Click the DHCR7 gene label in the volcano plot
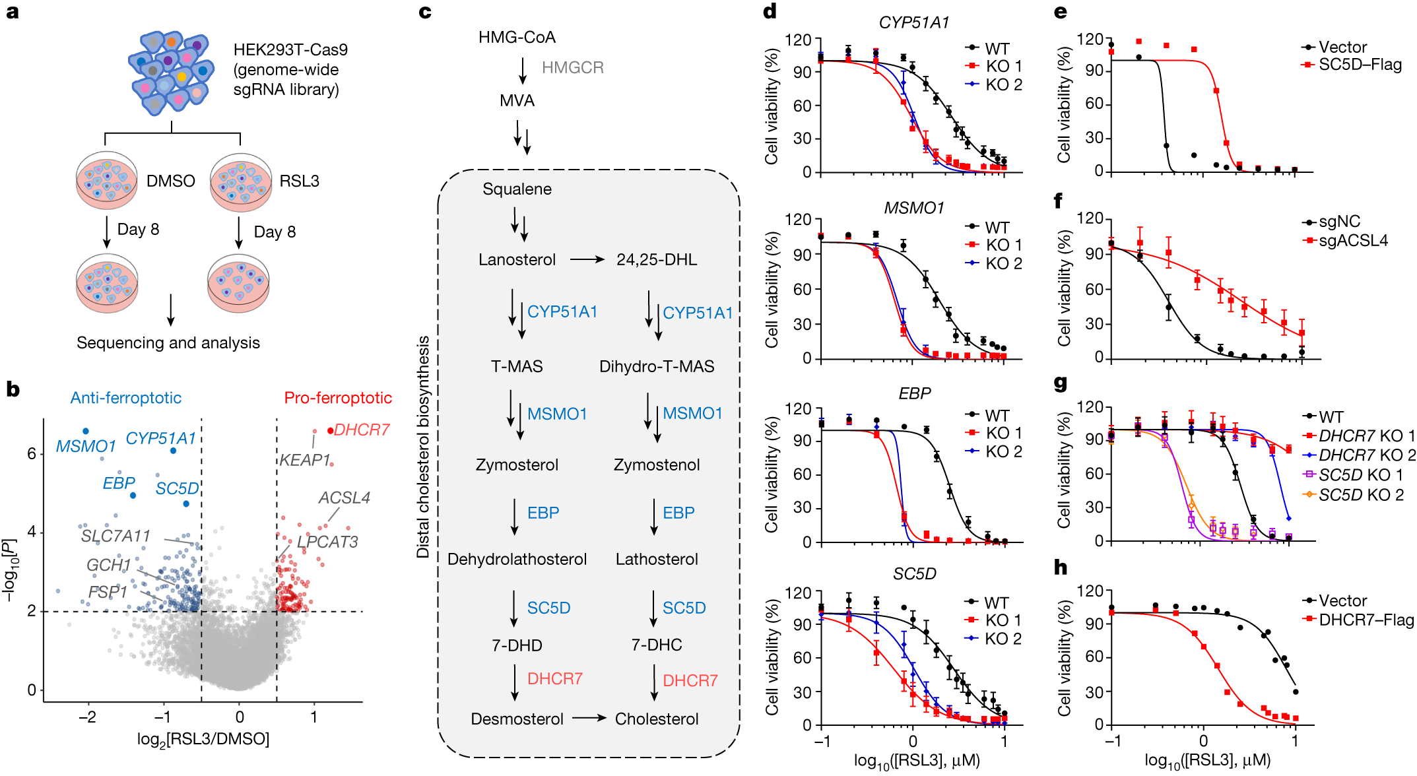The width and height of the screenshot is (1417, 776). tap(362, 430)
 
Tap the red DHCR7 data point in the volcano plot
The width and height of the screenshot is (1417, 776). tap(330, 431)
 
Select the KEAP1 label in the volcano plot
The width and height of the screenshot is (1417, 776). tap(304, 460)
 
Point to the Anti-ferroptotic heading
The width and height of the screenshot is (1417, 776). tap(126, 398)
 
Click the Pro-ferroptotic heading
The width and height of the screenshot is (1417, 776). tap(338, 398)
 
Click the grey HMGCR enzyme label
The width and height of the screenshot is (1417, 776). tap(573, 67)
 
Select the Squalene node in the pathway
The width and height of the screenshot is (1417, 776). tap(517, 189)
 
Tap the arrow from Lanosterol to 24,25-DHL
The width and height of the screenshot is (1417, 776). tap(587, 260)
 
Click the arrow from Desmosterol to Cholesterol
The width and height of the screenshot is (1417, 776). tap(589, 718)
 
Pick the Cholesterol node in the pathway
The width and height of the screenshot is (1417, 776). tap(657, 719)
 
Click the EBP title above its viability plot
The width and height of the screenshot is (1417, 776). tap(914, 393)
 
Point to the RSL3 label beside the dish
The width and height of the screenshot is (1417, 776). tap(299, 181)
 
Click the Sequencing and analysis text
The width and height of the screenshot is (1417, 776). tap(168, 343)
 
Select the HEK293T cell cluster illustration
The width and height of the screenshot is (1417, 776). tap(171, 73)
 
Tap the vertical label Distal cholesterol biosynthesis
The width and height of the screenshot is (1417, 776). tap(423, 447)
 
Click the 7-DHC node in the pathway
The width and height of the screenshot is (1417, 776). tap(657, 645)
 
